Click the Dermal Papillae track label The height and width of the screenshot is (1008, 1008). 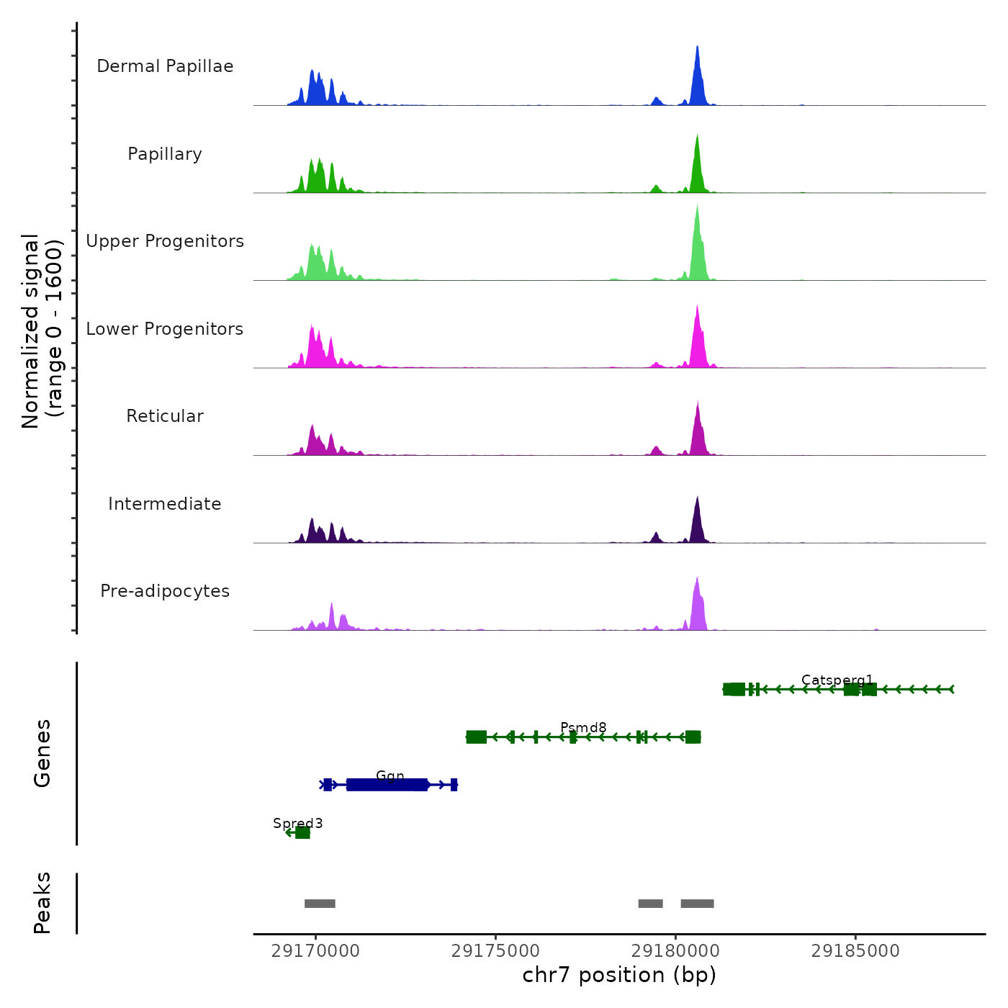click(x=165, y=66)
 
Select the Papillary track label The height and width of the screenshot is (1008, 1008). click(x=165, y=154)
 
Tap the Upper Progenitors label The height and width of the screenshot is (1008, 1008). click(x=165, y=241)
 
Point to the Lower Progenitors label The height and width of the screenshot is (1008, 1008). click(x=165, y=329)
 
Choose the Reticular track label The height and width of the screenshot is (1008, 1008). click(x=165, y=416)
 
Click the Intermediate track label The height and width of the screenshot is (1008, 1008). click(x=165, y=504)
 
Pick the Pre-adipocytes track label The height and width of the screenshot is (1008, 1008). click(x=165, y=591)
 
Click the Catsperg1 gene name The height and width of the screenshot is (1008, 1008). click(x=837, y=680)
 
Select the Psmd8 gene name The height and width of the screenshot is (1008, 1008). click(x=583, y=727)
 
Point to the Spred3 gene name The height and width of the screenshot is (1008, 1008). click(x=297, y=823)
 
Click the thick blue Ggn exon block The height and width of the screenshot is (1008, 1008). click(x=387, y=785)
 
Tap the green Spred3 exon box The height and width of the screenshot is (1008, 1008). click(x=302, y=833)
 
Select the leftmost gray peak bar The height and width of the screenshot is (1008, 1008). click(x=320, y=904)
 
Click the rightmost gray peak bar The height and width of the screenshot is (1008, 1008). click(x=697, y=904)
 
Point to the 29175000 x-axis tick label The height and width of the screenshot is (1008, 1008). click(x=495, y=951)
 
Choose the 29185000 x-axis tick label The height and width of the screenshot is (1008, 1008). click(x=855, y=951)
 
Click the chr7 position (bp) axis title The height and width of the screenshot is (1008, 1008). click(x=619, y=975)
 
